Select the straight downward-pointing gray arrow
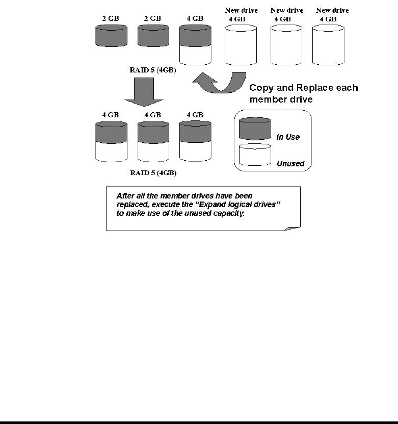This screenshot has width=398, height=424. (x=144, y=92)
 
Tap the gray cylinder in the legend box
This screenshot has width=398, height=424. (x=255, y=129)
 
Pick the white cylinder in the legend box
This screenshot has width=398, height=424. (x=255, y=155)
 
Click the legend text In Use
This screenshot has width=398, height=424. (x=288, y=137)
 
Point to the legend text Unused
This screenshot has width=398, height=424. (x=290, y=164)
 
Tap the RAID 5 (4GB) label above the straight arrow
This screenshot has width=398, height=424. (x=153, y=70)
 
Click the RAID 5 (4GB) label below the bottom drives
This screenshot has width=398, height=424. (x=153, y=173)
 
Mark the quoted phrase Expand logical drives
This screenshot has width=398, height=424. (x=237, y=205)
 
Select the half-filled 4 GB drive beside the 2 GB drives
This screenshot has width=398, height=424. (x=196, y=45)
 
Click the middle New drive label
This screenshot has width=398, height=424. (x=287, y=10)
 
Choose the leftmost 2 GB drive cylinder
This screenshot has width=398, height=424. (x=111, y=36)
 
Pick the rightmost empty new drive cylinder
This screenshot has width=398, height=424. (x=328, y=45)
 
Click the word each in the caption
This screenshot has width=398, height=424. (x=347, y=88)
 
